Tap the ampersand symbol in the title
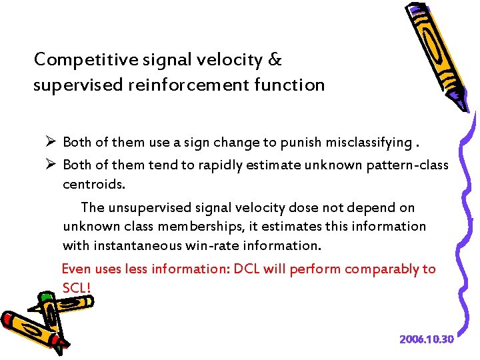pos(274,60)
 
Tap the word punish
pos(297,143)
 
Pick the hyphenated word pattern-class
pos(407,165)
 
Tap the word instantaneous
pos(138,245)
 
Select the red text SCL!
pos(77,288)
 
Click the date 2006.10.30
pos(426,339)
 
